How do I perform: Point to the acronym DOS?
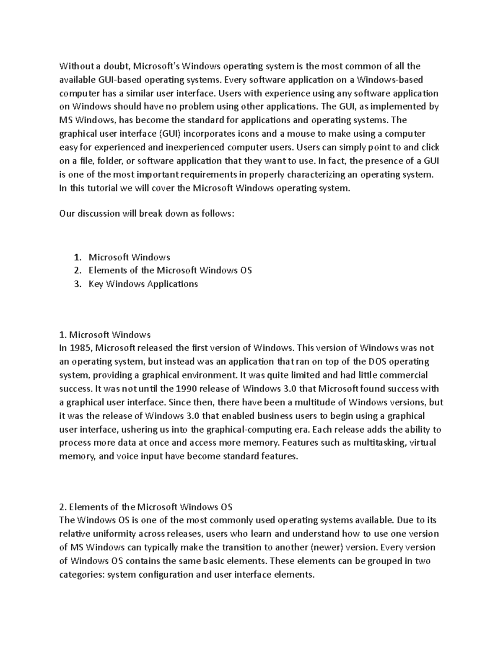[x=380, y=361]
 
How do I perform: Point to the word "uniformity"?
[x=111, y=534]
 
